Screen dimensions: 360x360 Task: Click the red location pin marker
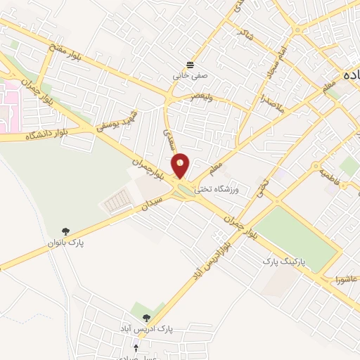[x=181, y=165]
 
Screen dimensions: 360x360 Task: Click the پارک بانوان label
[x=65, y=243]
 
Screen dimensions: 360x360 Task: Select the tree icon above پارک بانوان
[x=65, y=231]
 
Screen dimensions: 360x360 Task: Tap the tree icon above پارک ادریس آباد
[x=146, y=318]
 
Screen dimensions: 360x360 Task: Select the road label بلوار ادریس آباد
[x=219, y=252]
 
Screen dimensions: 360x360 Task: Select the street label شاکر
[x=246, y=33]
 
